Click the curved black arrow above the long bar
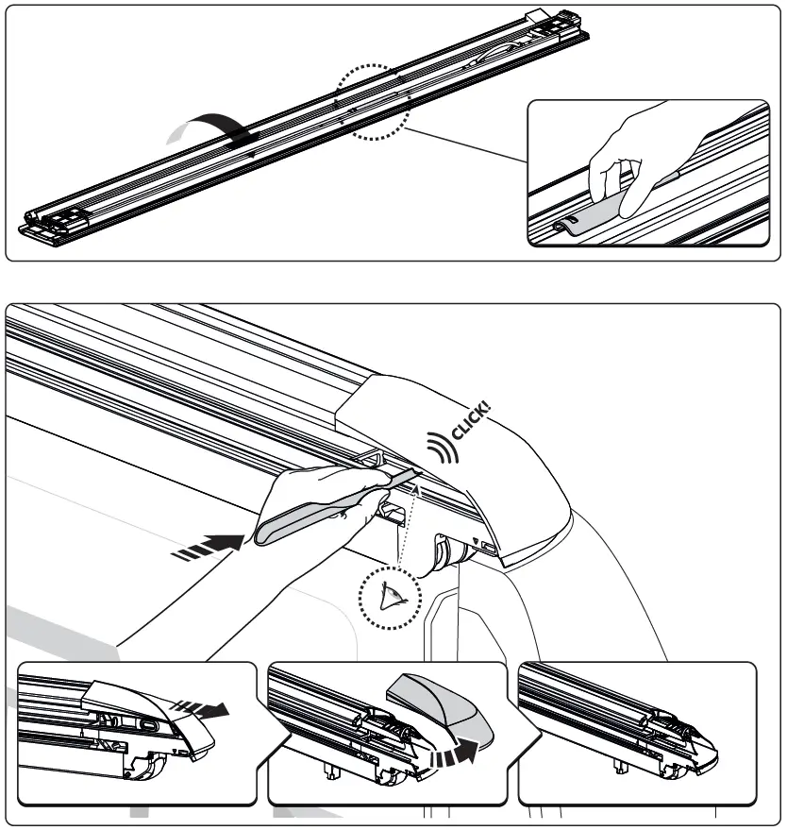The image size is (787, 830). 203,126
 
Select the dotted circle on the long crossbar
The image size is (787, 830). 372,101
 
